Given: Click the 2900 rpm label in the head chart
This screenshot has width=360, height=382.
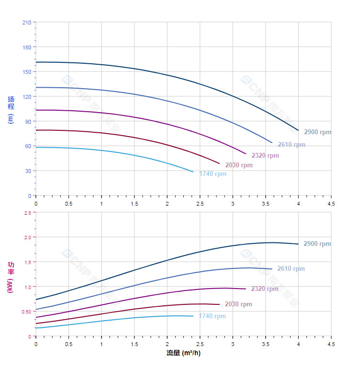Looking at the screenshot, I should (317, 132).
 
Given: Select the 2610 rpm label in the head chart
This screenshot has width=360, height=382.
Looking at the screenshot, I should (291, 145).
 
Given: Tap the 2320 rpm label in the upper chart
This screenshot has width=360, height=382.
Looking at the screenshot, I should (265, 156).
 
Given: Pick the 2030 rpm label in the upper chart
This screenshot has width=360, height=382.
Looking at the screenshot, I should (239, 165).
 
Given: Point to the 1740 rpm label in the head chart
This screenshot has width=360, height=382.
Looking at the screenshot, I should (213, 174).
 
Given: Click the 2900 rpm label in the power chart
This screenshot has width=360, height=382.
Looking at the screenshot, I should (317, 244).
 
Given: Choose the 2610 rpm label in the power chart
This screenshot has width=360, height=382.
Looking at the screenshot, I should (291, 269).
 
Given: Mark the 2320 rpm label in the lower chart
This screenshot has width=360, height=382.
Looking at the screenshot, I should (264, 289).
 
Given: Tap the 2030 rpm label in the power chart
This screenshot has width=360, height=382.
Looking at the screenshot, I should (238, 304).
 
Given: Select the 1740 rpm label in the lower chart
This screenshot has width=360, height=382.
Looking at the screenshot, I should (212, 316).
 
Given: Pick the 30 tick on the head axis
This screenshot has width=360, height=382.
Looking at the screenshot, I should (28, 171).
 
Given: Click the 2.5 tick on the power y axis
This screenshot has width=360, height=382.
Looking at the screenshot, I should (27, 212).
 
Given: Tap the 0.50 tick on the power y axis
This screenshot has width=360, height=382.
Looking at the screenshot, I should (26, 312).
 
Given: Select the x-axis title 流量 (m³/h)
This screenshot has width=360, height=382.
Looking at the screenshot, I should (183, 353).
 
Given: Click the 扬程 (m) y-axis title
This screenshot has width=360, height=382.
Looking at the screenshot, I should (11, 110).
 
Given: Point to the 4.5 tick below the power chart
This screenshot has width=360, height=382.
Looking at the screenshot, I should (331, 344).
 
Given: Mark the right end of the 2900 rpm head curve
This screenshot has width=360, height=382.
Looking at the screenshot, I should (298, 130).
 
